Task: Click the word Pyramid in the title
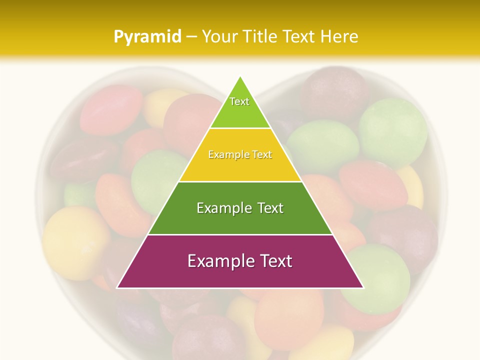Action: tap(147, 37)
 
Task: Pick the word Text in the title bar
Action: tap(299, 37)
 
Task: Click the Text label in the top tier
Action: tap(239, 101)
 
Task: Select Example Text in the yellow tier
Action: tap(240, 154)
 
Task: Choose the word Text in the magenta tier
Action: tap(275, 261)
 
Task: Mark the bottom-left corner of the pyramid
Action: tap(117, 287)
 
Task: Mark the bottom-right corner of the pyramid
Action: tap(363, 287)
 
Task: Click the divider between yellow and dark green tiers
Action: tap(240, 181)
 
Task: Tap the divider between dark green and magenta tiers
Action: tap(240, 234)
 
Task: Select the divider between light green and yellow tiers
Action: tap(240, 128)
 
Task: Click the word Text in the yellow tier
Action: tap(262, 154)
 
